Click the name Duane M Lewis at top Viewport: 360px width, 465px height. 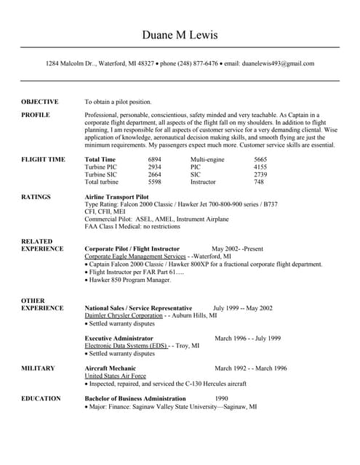coord(180,35)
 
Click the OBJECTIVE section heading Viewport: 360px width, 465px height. coord(40,102)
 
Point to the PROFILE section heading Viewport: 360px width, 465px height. coord(36,115)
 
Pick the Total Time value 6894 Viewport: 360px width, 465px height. coord(155,159)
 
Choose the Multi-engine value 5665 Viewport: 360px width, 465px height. coord(260,159)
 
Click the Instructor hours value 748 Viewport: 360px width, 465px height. coord(259,182)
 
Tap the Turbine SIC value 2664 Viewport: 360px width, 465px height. coord(155,174)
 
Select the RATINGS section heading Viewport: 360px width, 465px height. coord(36,196)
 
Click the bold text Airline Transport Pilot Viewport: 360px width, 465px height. coord(117,196)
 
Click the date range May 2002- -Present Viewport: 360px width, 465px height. coord(237,248)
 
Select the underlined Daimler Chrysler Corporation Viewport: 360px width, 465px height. coord(124,315)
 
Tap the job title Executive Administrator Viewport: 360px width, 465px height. coord(119,338)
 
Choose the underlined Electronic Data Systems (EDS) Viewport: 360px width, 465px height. coord(127,346)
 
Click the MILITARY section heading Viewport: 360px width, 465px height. coord(38,368)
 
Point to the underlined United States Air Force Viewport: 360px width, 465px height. coord(116,376)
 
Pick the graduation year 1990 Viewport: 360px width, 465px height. coord(222,399)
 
